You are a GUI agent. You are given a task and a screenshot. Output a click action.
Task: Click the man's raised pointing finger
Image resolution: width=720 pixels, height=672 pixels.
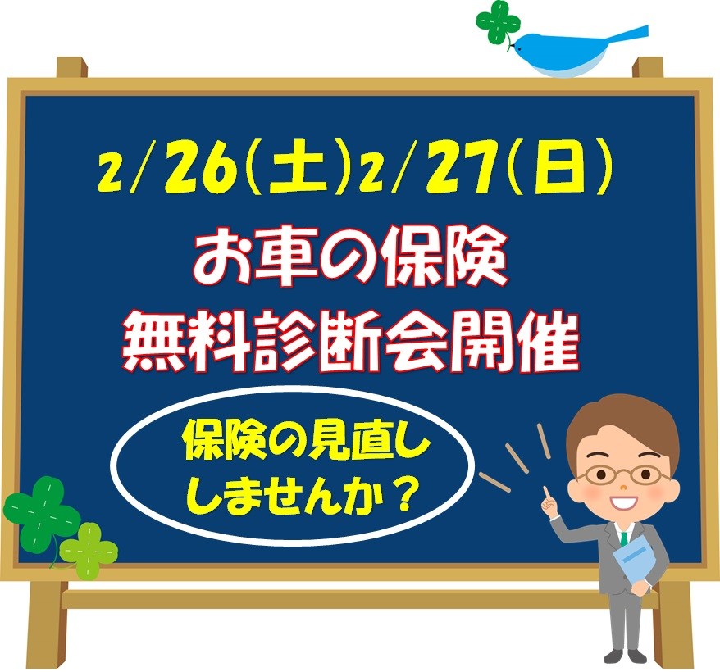click(545, 493)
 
